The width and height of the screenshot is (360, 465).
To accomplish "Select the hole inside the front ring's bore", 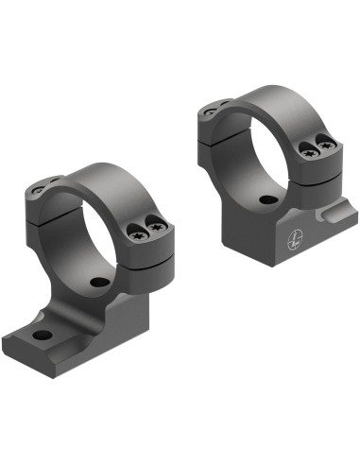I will click(x=98, y=283).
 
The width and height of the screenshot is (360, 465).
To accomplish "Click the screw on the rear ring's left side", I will click(x=210, y=112).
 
